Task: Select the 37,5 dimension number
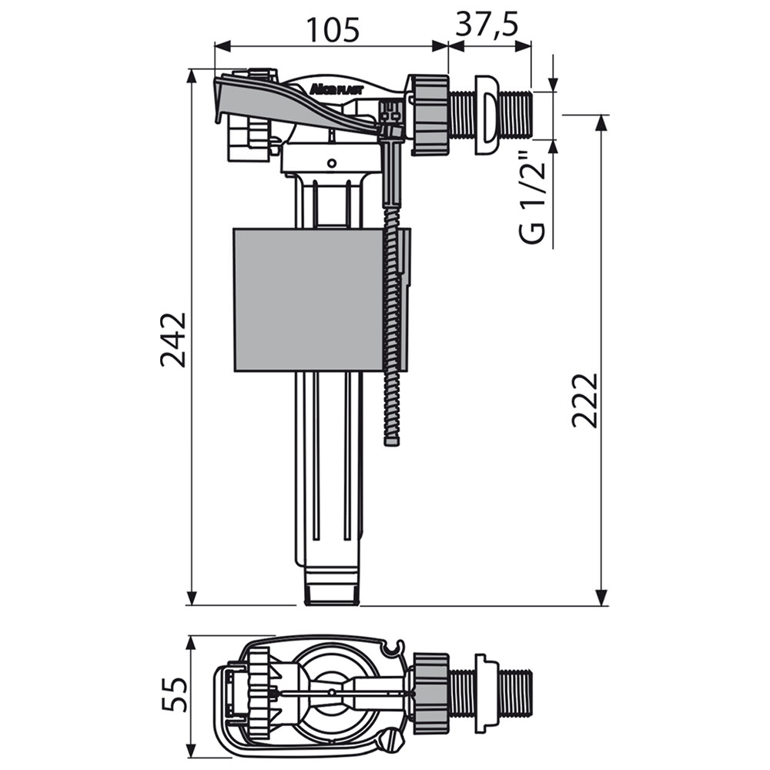(487, 25)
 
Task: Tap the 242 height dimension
(174, 340)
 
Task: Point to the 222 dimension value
(585, 400)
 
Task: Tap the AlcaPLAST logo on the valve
(336, 89)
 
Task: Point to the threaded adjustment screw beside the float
(392, 324)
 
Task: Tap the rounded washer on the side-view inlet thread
(486, 115)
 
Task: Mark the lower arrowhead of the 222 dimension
(600, 598)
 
